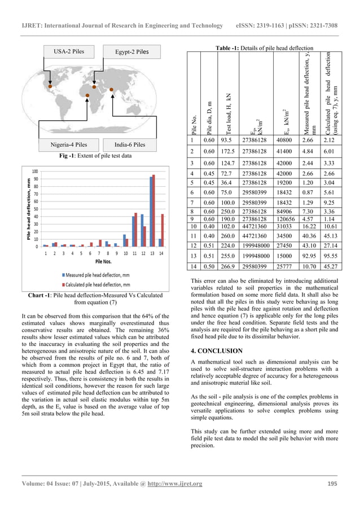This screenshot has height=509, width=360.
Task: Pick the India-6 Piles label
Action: (x=129, y=144)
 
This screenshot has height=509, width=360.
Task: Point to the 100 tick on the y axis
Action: (x=35, y=171)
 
